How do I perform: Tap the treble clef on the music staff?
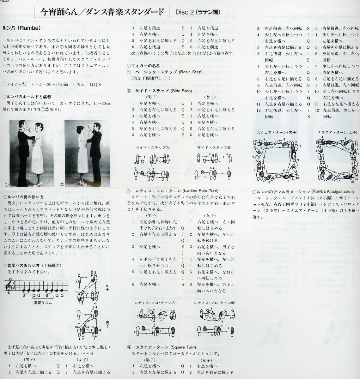9,286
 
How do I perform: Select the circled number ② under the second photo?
62,184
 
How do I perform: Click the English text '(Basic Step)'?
191,72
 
